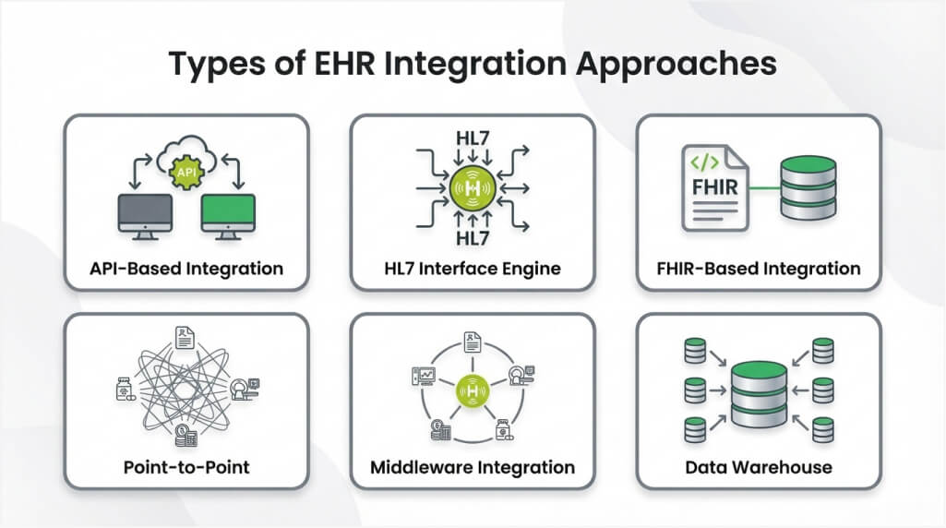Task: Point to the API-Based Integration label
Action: pyautogui.click(x=186, y=270)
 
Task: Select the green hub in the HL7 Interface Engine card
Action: pyautogui.click(x=473, y=188)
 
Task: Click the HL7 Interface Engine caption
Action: pyautogui.click(x=473, y=270)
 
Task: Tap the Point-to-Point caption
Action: pyautogui.click(x=186, y=466)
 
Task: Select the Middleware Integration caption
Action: pyautogui.click(x=473, y=466)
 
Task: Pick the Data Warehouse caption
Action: pyautogui.click(x=759, y=466)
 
